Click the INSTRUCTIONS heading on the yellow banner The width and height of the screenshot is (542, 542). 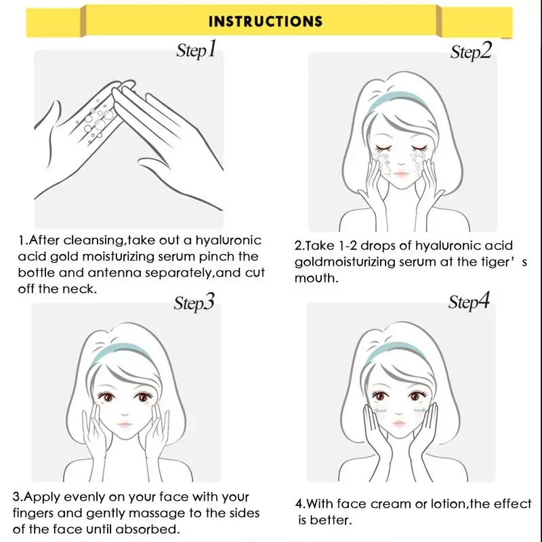tap(266, 21)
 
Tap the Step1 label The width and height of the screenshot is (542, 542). tap(196, 49)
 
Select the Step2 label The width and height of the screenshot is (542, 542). tap(471, 51)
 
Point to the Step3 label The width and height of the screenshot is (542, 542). tap(194, 302)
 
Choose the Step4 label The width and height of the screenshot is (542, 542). tap(469, 301)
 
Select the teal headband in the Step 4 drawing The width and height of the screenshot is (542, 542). tap(396, 350)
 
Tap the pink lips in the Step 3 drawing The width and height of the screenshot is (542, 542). tap(125, 424)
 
